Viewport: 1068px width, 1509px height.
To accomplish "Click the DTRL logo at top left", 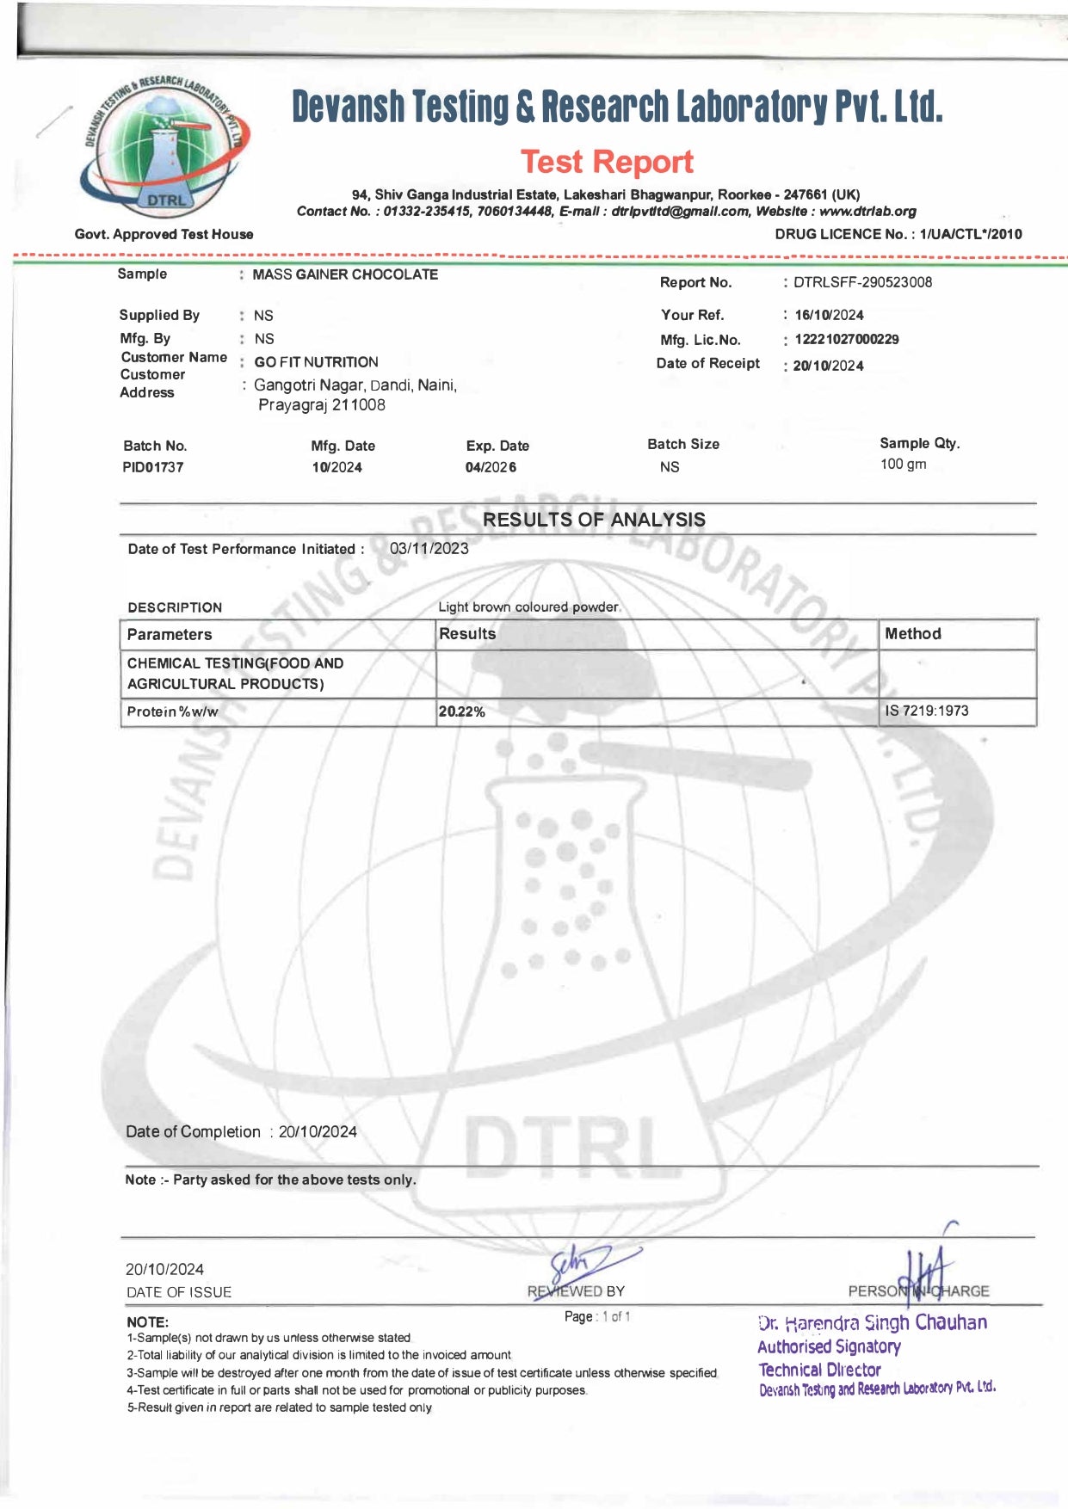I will click(166, 147).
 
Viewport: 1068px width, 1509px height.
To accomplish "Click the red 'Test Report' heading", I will click(607, 162).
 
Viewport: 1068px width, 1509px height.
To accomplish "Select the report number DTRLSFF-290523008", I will click(862, 282).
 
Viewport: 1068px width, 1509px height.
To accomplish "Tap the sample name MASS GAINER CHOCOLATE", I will click(345, 274).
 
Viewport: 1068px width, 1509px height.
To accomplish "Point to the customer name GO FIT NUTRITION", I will click(316, 362).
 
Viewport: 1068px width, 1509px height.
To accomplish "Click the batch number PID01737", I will click(153, 467).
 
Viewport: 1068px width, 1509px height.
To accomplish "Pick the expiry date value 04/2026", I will click(491, 467).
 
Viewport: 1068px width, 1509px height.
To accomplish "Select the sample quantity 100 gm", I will click(903, 465).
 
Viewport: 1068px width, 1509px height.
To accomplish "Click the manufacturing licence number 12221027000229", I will click(846, 340).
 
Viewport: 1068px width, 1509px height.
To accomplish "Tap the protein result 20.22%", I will click(462, 711).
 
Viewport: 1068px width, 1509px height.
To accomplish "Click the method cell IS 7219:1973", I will click(926, 711).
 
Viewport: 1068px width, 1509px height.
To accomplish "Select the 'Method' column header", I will click(912, 634).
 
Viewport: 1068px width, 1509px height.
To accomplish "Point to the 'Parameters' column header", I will click(170, 635).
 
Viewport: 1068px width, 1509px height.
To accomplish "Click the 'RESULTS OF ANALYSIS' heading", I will click(594, 520).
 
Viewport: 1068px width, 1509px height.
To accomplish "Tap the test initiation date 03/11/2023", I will click(429, 549).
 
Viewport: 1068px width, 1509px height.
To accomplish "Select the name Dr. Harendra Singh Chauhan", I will click(873, 1322).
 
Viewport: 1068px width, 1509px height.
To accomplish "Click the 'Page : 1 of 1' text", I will click(597, 1316).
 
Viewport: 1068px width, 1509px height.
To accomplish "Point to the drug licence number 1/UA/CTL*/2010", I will click(971, 234).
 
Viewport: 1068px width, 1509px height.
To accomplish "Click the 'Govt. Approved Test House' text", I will click(164, 234).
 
